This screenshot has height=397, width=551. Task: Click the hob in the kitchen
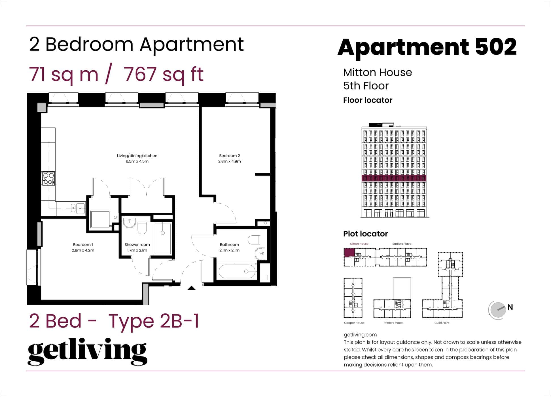pos(48,179)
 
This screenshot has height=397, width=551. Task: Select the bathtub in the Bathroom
pos(238,272)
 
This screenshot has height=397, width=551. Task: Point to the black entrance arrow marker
pos(192,288)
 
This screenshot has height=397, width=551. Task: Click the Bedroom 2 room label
pos(229,156)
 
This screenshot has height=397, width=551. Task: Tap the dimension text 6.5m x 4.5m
pos(137,161)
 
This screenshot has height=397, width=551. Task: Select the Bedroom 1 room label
pos(83,244)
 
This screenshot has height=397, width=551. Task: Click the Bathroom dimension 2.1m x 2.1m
pos(229,250)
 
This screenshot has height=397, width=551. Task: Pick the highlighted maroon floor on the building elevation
pos(394,178)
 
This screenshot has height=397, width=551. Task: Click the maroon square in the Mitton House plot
pos(349,252)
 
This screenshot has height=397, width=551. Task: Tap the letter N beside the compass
pos(510,307)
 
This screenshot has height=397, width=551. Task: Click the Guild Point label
pos(442,323)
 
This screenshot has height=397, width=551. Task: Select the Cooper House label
pos(354,323)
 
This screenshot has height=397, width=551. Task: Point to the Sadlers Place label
pos(402,244)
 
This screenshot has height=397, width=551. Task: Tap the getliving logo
pos(87,351)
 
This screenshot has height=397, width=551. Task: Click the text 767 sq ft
pos(164,74)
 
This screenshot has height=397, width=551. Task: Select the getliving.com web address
pos(360,335)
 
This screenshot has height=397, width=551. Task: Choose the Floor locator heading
pos(368,100)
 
